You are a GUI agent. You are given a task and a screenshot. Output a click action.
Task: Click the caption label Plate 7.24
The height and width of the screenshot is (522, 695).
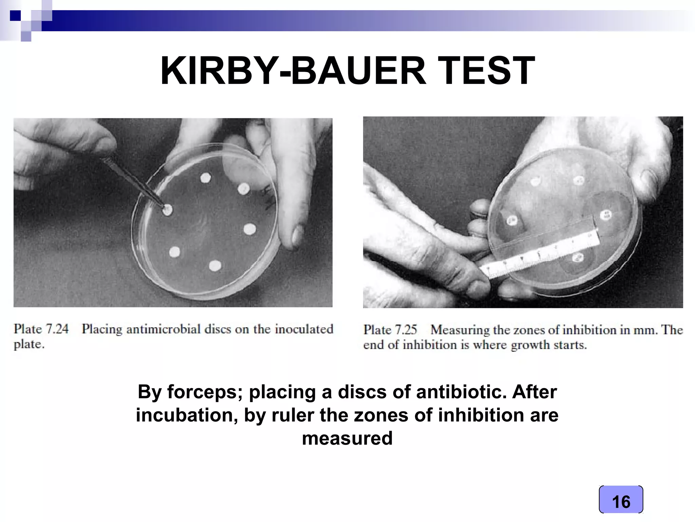pos(41,329)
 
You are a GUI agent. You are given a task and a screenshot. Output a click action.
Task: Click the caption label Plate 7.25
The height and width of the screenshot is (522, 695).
pos(390,330)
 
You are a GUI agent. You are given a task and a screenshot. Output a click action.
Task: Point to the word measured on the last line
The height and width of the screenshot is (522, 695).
pos(347,438)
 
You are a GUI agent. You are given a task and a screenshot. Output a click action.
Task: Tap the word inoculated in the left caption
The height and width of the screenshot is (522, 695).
pos(304,329)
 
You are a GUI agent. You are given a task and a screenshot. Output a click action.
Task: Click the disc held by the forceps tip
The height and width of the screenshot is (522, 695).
pos(167,210)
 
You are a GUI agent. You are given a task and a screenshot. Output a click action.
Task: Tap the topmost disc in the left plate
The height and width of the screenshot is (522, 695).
pos(205,178)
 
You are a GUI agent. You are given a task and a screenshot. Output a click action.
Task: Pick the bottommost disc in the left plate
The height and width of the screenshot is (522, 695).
pos(215,265)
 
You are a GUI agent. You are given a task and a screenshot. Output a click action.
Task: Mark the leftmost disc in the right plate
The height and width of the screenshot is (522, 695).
pos(512,221)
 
